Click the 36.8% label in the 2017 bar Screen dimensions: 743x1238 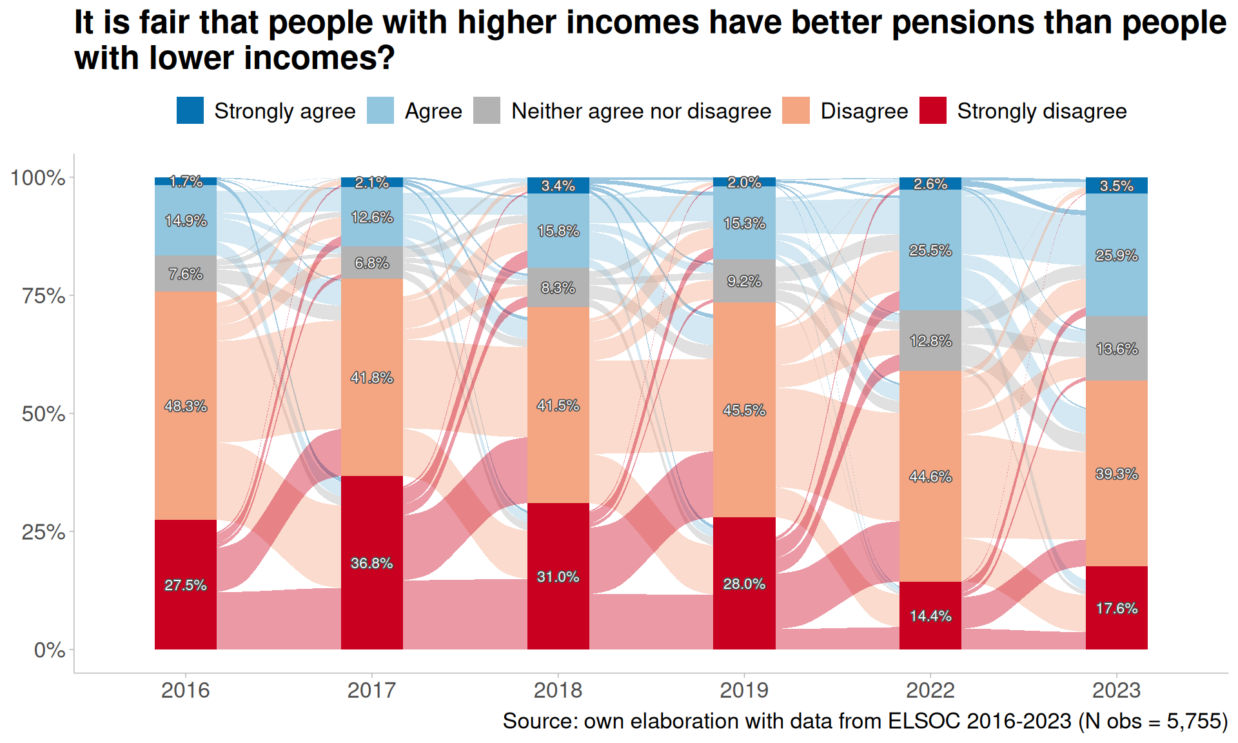[x=372, y=563]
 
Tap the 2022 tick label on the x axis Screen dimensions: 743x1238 [x=930, y=690]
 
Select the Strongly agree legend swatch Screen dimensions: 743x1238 [x=190, y=110]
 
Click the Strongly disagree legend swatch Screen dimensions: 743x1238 [x=932, y=110]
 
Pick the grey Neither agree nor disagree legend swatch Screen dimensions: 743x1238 [x=487, y=110]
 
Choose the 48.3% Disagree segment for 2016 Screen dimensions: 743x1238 [x=186, y=406]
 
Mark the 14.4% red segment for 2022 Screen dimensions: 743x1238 [x=930, y=615]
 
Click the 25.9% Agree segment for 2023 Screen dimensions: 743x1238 [x=1116, y=255]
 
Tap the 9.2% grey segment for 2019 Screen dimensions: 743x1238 [x=744, y=281]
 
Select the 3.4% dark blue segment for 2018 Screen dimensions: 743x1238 [x=558, y=186]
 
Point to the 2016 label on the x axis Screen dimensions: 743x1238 [x=186, y=690]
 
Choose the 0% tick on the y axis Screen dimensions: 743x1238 [x=50, y=650]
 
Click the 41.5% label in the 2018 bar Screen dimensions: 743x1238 [x=558, y=406]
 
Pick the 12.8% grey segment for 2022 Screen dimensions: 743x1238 [x=930, y=341]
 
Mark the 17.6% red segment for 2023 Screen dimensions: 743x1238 [x=1116, y=608]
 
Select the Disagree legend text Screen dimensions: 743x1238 [x=864, y=111]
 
